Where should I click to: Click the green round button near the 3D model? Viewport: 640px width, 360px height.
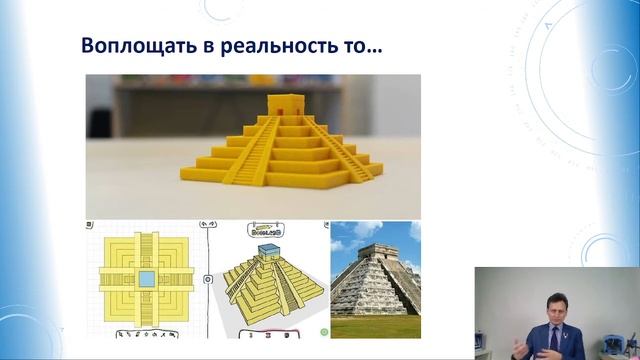(x=322, y=330)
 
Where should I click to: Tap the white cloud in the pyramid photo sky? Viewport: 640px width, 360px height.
(x=350, y=240)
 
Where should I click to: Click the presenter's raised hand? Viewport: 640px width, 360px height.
(x=522, y=346)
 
